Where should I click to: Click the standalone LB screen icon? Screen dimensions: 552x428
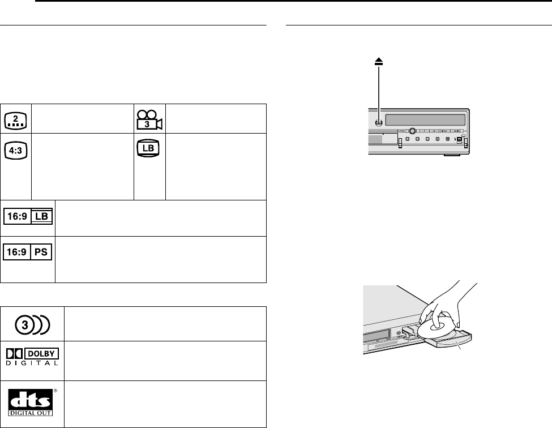pos(149,148)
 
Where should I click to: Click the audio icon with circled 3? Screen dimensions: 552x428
pos(33,324)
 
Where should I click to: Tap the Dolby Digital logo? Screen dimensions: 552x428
pos(33,356)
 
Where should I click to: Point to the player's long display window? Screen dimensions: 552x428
pos(424,121)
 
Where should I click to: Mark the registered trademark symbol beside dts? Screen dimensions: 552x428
pos(56,389)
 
